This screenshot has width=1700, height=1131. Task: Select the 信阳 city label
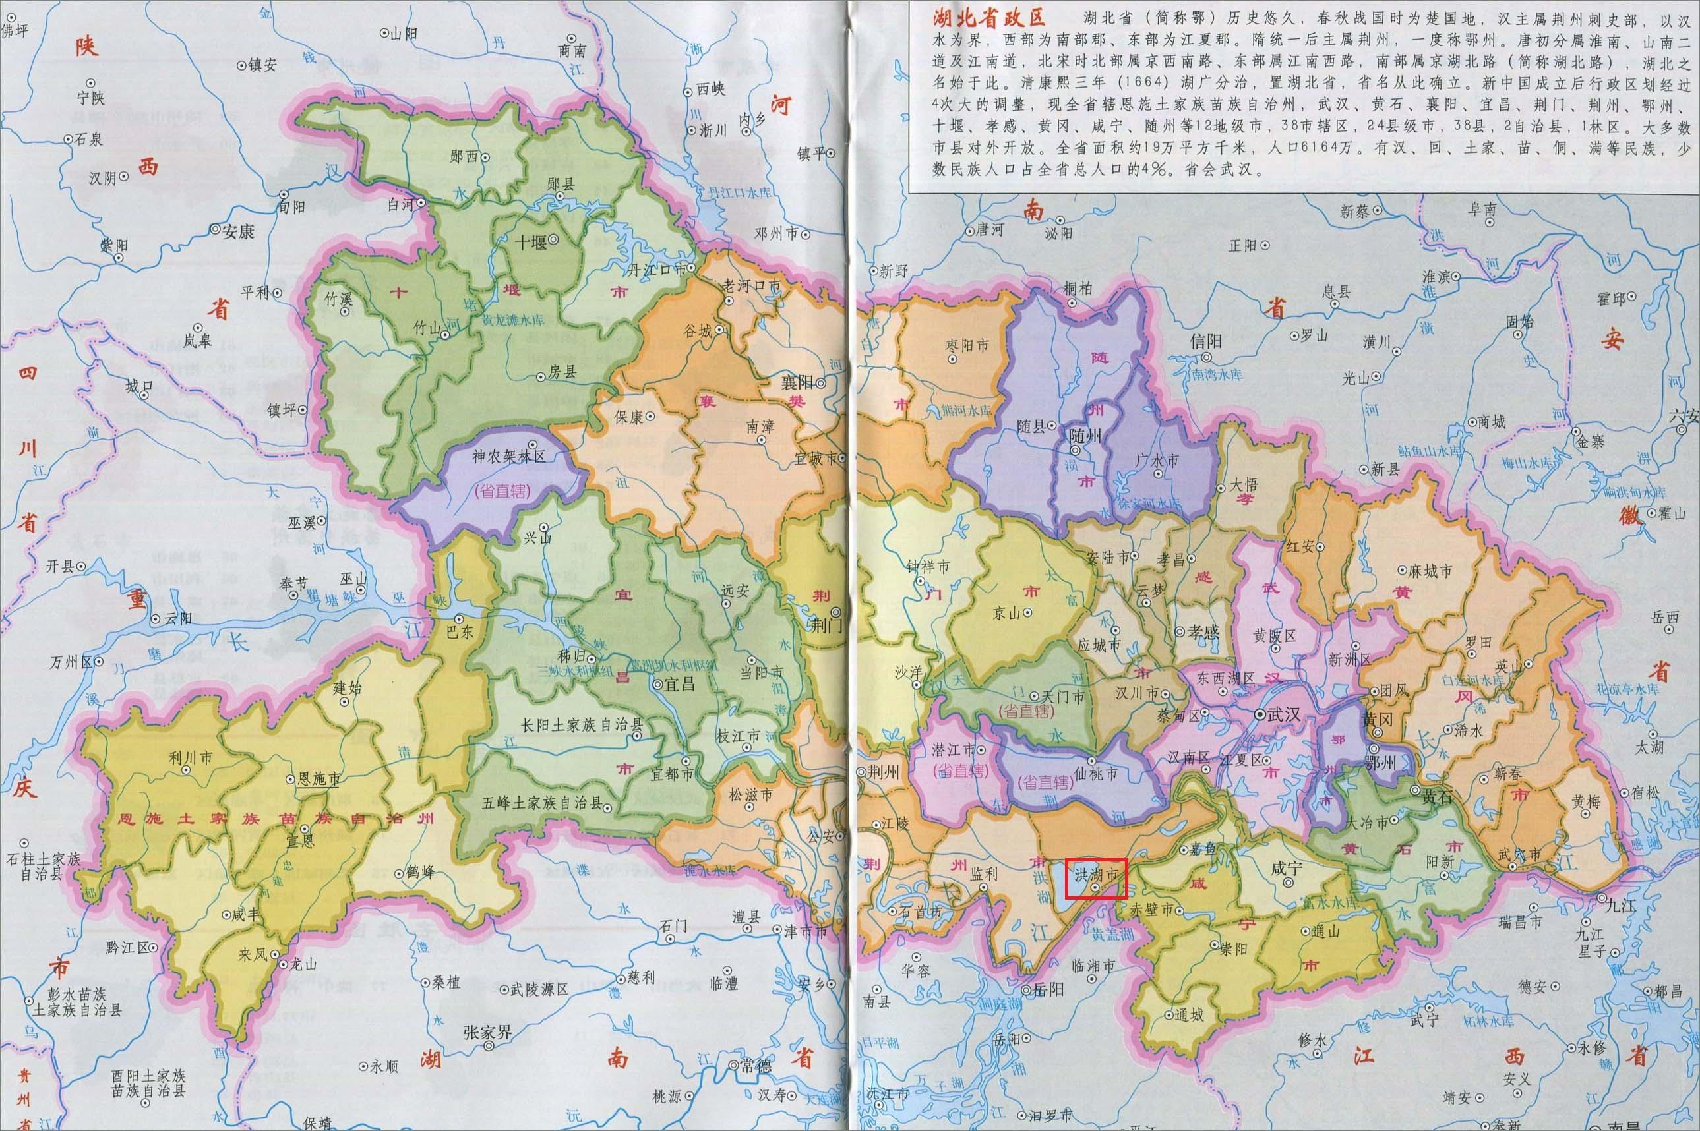click(x=1207, y=341)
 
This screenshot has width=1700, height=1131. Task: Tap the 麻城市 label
click(x=1430, y=571)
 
